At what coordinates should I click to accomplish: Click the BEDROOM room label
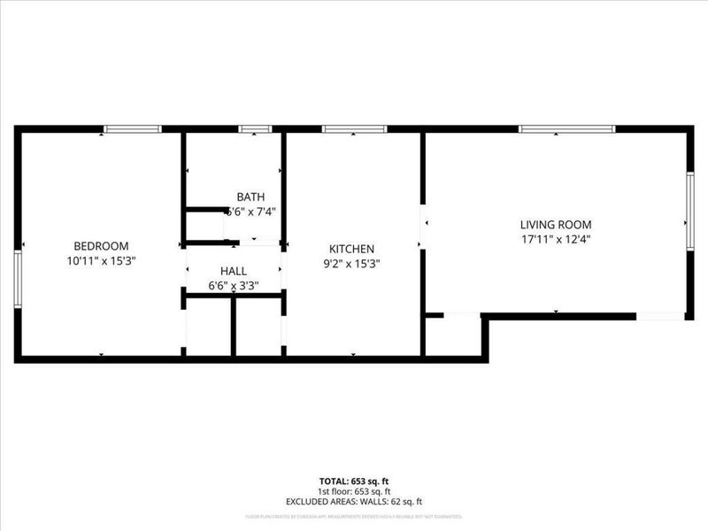pyautogui.click(x=101, y=246)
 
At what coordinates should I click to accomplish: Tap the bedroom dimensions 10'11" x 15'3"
pyautogui.click(x=101, y=261)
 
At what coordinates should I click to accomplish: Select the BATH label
pyautogui.click(x=250, y=196)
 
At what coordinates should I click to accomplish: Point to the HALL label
pyautogui.click(x=234, y=271)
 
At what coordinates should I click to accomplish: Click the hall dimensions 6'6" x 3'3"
pyautogui.click(x=234, y=286)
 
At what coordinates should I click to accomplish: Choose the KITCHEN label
pyautogui.click(x=352, y=250)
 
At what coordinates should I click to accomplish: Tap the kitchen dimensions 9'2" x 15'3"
pyautogui.click(x=352, y=264)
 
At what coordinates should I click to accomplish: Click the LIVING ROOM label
pyautogui.click(x=555, y=225)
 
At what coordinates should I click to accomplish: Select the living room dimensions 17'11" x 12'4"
pyautogui.click(x=555, y=239)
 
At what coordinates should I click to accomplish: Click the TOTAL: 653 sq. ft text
pyautogui.click(x=354, y=481)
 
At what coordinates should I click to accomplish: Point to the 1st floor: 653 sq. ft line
pyautogui.click(x=354, y=491)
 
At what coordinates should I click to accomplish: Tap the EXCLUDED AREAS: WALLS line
pyautogui.click(x=354, y=502)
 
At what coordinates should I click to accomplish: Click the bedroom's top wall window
pyautogui.click(x=132, y=129)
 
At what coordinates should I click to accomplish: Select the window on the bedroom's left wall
pyautogui.click(x=17, y=278)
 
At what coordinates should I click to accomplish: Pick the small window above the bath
pyautogui.click(x=255, y=129)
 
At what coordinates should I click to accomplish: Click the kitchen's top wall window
pyautogui.click(x=354, y=129)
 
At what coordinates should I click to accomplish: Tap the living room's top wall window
pyautogui.click(x=566, y=129)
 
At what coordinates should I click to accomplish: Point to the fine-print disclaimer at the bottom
pyautogui.click(x=354, y=515)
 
